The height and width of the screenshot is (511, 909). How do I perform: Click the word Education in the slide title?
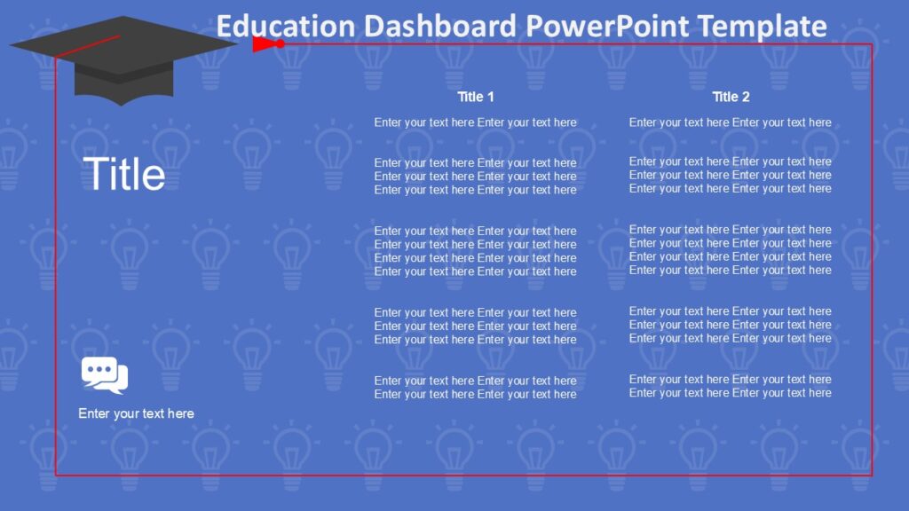point(276,26)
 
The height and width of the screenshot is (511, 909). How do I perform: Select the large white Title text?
point(123,174)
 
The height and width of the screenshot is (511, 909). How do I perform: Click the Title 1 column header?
point(476,97)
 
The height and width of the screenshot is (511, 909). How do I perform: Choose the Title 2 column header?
point(731,97)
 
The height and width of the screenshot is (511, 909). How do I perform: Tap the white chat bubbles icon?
point(105,375)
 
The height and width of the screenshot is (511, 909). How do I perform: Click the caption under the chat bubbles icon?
point(136,413)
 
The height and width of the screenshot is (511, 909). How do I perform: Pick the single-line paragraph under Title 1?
point(475,122)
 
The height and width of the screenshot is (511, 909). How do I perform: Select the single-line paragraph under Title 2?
point(730,122)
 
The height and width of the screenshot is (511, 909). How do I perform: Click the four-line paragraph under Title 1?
point(475,251)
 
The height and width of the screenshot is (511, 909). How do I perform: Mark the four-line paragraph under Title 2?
point(730,250)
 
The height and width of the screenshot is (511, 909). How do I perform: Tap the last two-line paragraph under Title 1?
point(475,388)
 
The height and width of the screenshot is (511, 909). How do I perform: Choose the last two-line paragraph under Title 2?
point(730,386)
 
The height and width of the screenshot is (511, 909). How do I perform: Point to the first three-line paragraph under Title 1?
point(475,177)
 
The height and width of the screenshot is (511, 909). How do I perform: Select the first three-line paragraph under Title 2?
point(730,175)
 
